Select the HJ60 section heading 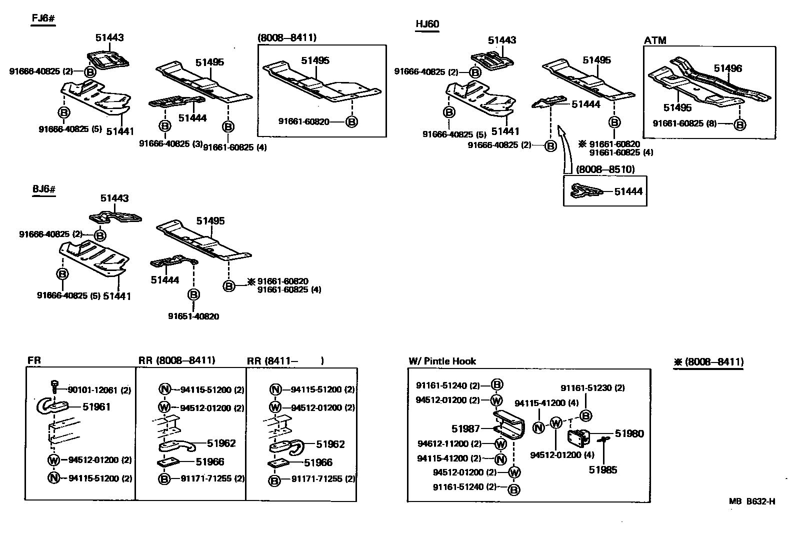pyautogui.click(x=427, y=24)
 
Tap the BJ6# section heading pyautogui.click(x=43, y=190)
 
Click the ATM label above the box pyautogui.click(x=655, y=40)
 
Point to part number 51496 pyautogui.click(x=727, y=68)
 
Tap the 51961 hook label pyautogui.click(x=96, y=407)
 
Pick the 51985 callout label pyautogui.click(x=602, y=469)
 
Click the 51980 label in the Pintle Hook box pyautogui.click(x=629, y=433)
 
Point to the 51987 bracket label pyautogui.click(x=465, y=428)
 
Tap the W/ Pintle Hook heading pyautogui.click(x=442, y=361)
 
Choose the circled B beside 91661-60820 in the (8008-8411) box pyautogui.click(x=352, y=121)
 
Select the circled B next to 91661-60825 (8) pyautogui.click(x=739, y=124)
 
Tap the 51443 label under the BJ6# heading pyautogui.click(x=114, y=198)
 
